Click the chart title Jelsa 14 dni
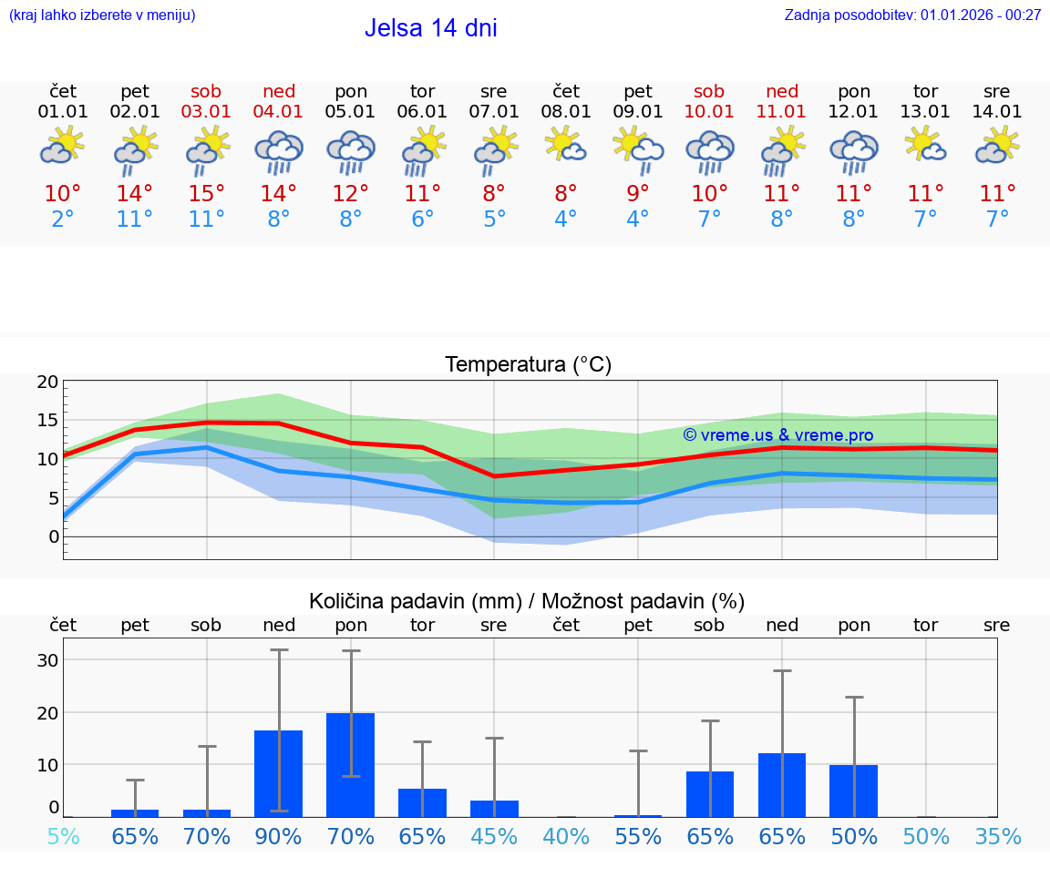430,28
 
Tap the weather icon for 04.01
279,151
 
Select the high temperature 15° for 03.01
207,194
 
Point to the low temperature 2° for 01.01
63,219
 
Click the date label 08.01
566,112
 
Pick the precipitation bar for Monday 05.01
351,764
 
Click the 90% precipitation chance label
279,836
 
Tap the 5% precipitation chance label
63,836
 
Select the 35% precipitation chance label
997,836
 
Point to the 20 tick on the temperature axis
47,382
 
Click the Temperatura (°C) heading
528,365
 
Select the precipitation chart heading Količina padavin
527,601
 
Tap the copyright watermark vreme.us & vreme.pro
777,435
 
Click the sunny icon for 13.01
925,146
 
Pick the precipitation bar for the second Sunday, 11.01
782,784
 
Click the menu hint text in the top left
101,15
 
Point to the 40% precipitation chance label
566,836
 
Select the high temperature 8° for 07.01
494,194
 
